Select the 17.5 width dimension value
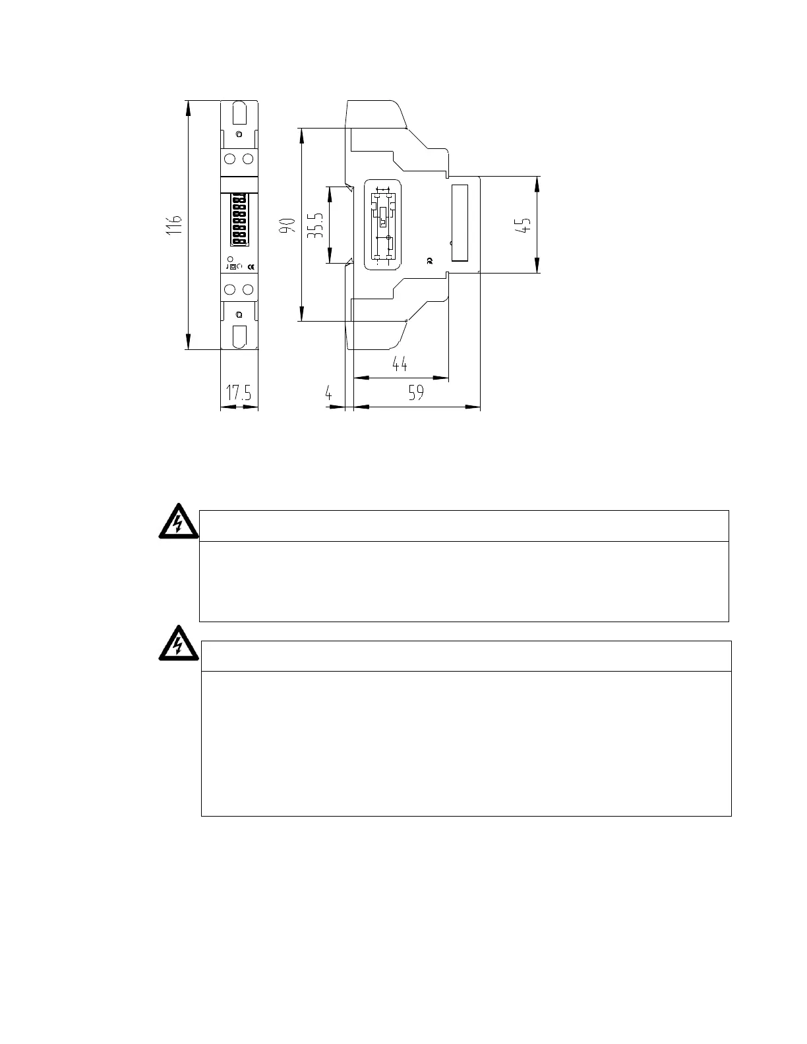click(x=239, y=393)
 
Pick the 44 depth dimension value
click(x=400, y=364)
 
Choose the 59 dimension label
click(x=415, y=393)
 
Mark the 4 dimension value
click(x=328, y=393)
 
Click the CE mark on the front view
click(x=251, y=266)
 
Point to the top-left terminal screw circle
click(x=230, y=159)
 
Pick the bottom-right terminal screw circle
click(x=248, y=289)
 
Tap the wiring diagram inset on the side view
click(x=382, y=225)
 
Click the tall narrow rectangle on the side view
click(x=460, y=223)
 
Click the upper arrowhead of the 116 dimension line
click(x=189, y=108)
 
